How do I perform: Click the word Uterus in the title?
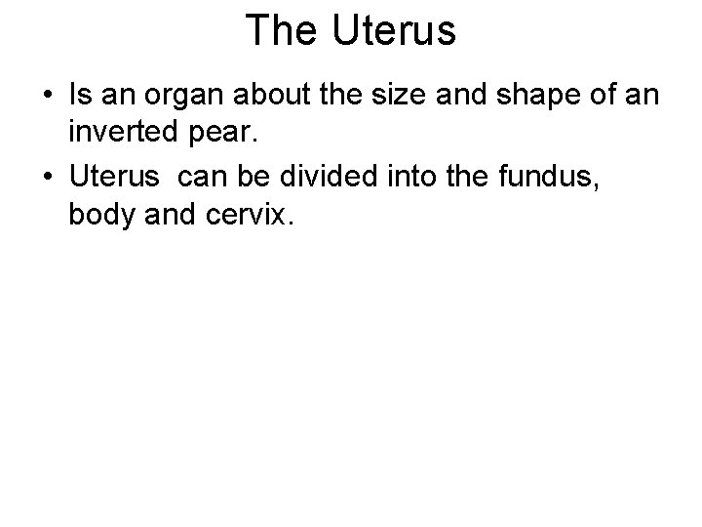pos(394,31)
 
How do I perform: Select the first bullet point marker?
pos(48,98)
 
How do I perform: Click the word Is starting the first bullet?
pos(79,97)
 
